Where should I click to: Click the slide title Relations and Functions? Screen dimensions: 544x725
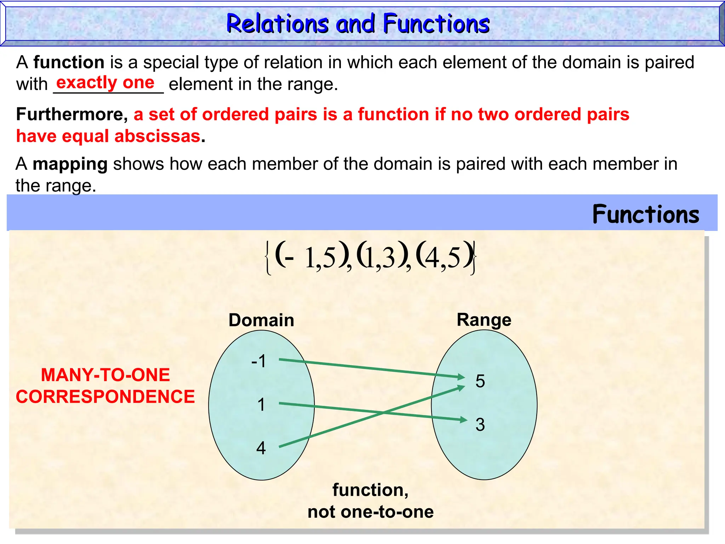(358, 24)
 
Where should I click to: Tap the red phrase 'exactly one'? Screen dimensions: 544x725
(105, 83)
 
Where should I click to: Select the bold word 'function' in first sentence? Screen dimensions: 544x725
(69, 63)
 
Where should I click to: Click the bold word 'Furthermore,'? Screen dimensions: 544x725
(72, 114)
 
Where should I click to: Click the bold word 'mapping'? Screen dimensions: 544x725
(70, 164)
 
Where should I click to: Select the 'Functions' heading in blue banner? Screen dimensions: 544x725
(646, 215)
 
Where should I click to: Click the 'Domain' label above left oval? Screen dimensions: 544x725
(261, 320)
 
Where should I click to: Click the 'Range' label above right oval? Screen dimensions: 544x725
(484, 320)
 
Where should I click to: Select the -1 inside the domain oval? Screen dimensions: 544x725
(258, 362)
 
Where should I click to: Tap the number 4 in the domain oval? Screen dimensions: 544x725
(261, 448)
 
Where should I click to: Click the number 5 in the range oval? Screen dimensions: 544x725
(480, 381)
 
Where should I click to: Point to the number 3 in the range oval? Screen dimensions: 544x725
(480, 425)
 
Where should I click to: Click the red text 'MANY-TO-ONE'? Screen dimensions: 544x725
(105, 375)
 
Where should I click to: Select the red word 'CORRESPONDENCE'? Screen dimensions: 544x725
(105, 397)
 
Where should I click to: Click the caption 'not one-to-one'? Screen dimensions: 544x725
(370, 512)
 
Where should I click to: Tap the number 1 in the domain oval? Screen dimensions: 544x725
(261, 405)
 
